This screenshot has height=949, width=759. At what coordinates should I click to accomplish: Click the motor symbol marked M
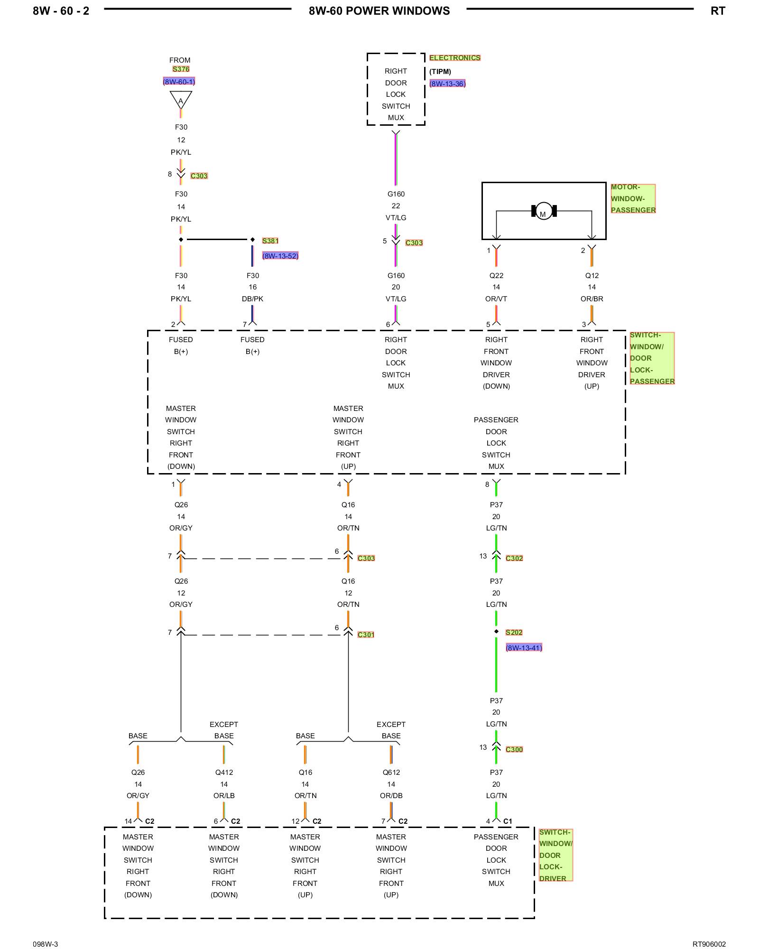point(544,211)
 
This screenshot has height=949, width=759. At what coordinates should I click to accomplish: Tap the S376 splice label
point(181,69)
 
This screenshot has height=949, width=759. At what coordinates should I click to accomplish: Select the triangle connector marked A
point(181,100)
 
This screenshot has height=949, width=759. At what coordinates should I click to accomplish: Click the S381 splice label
point(270,241)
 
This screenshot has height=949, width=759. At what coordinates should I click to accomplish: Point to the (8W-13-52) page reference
point(280,256)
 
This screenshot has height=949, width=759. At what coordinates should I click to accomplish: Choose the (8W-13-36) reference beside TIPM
point(447,84)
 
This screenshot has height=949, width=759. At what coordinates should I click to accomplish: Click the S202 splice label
point(514,632)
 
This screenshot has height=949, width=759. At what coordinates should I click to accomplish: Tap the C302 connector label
point(514,558)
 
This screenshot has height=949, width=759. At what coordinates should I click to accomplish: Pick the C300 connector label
point(514,749)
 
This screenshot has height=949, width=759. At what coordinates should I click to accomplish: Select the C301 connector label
point(366,634)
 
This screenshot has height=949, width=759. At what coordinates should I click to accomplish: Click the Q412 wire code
point(224,772)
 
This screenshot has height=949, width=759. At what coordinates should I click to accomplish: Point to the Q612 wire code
point(391,772)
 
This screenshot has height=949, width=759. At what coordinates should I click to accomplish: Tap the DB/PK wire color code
point(252,298)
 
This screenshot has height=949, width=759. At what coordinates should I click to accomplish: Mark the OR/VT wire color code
point(496,298)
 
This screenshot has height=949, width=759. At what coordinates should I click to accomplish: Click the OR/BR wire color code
point(592,298)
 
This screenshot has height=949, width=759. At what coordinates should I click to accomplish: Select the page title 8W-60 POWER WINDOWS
point(379,11)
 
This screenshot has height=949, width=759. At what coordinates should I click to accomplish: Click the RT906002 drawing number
point(709,944)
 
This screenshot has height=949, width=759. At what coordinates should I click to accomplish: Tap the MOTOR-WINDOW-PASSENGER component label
point(633,198)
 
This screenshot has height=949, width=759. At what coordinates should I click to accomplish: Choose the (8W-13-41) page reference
point(524,648)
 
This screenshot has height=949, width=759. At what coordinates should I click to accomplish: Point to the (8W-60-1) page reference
point(179,82)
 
